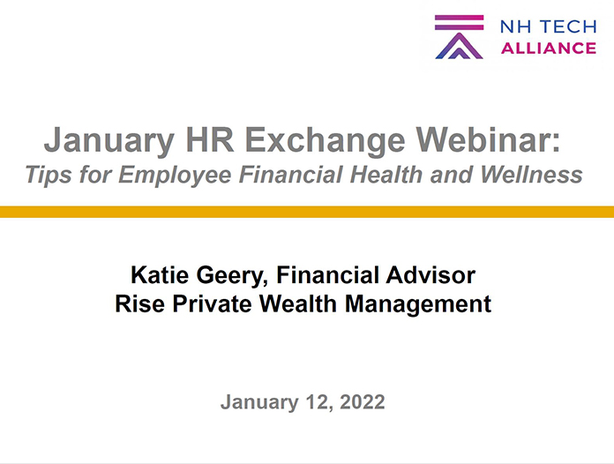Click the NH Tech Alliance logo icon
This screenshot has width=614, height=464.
(459, 37)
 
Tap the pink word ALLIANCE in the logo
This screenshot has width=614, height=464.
(548, 49)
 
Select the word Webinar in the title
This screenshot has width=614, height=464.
(489, 139)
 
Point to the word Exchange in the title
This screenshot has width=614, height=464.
(325, 140)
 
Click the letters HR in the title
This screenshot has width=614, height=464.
(209, 139)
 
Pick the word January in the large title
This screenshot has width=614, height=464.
(109, 140)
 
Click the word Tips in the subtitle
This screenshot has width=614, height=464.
(49, 175)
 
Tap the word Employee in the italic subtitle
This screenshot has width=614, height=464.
(175, 175)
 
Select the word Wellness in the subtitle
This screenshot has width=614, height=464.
(531, 175)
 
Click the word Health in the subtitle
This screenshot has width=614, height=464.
(386, 175)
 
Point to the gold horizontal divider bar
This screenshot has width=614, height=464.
(307, 212)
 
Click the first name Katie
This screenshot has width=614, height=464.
(160, 275)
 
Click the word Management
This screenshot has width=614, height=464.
(418, 304)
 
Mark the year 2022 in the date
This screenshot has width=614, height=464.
(363, 401)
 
